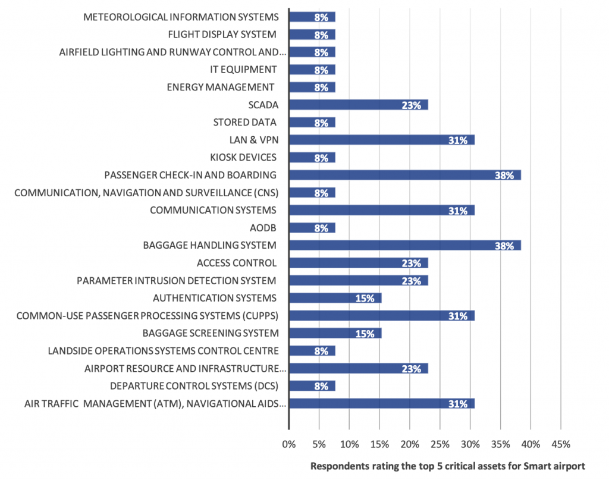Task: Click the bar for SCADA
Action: (x=359, y=105)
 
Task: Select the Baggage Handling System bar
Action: (x=405, y=245)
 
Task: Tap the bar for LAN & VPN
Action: (x=382, y=140)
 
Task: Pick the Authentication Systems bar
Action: (x=335, y=298)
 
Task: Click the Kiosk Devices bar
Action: (x=312, y=158)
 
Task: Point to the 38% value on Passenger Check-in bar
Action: (x=504, y=175)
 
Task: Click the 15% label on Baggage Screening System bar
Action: (x=365, y=334)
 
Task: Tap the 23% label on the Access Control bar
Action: (x=411, y=263)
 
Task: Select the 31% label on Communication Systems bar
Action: (x=457, y=211)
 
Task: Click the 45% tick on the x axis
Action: (x=561, y=444)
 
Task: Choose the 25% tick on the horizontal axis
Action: (x=440, y=444)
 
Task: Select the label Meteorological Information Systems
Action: (x=180, y=17)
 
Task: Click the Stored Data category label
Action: (x=244, y=123)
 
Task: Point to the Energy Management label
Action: (x=221, y=87)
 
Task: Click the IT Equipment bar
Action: (x=312, y=70)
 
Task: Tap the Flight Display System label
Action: (x=222, y=34)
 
